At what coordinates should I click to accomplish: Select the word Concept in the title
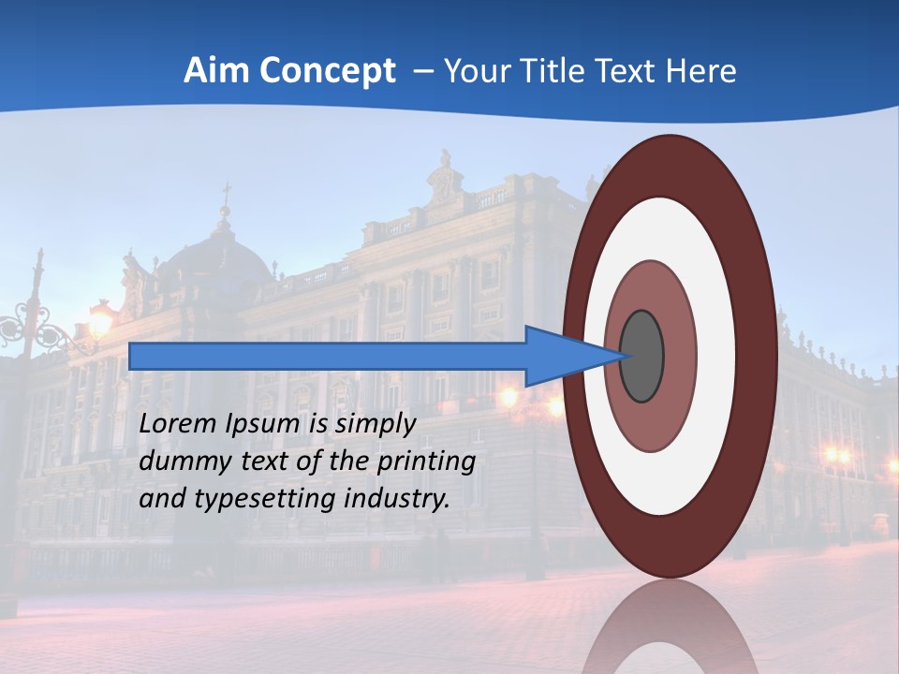(x=327, y=71)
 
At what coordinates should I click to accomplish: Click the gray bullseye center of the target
(x=641, y=357)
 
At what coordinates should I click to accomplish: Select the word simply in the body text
(x=375, y=424)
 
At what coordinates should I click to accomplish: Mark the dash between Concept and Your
(x=423, y=71)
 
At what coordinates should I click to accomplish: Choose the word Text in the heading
(x=627, y=71)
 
